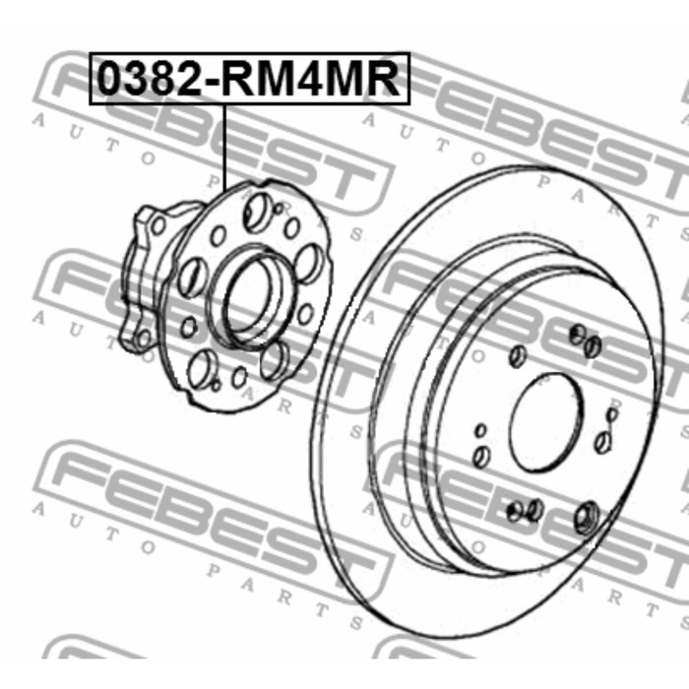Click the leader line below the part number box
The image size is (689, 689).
pyautogui.click(x=225, y=148)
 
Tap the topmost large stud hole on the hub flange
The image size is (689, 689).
pyautogui.click(x=255, y=214)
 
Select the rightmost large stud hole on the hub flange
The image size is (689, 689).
pyautogui.click(x=311, y=264)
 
